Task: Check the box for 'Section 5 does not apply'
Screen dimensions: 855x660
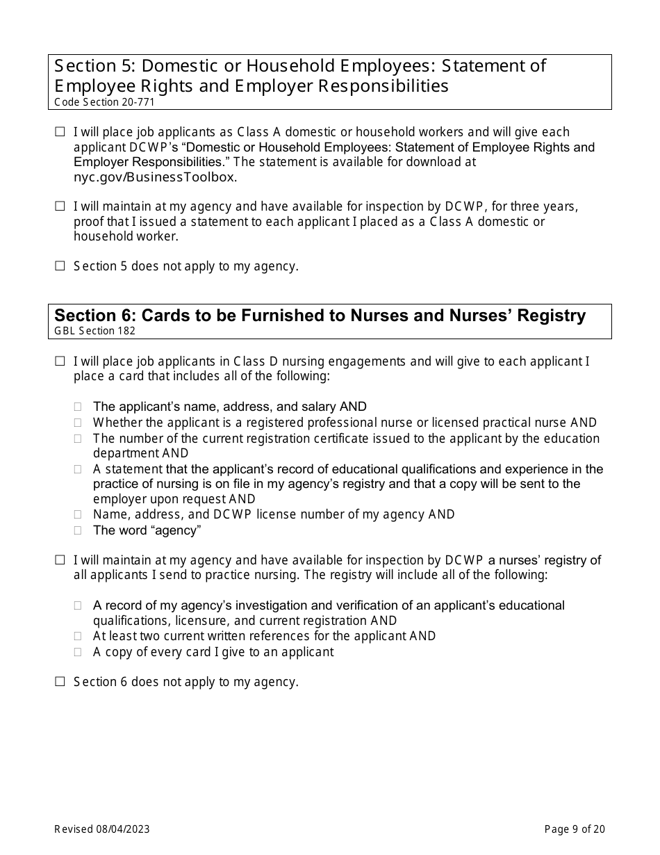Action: point(60,266)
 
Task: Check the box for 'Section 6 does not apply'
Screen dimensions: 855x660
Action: point(60,682)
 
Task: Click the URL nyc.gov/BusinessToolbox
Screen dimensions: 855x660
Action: point(155,177)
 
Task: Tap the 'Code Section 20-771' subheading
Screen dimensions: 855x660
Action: point(104,102)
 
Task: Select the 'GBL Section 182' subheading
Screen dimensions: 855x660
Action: point(95,331)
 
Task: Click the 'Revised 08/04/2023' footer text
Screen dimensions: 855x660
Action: point(102,829)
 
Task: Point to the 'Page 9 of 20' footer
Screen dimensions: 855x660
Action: point(575,829)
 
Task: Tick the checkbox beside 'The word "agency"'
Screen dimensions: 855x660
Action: point(79,530)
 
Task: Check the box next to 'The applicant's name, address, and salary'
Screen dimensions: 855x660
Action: point(79,407)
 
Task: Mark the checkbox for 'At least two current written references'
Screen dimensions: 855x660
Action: point(79,636)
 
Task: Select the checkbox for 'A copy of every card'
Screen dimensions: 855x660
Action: point(79,652)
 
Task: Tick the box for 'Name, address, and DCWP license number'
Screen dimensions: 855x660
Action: point(79,514)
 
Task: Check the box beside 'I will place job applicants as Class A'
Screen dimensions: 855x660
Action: point(60,131)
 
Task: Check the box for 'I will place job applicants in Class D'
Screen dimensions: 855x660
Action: point(60,361)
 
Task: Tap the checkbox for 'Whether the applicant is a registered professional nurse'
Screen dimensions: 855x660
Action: point(79,423)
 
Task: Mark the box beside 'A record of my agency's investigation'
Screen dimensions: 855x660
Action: point(79,605)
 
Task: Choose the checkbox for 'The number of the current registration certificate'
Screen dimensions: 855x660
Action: point(79,439)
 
